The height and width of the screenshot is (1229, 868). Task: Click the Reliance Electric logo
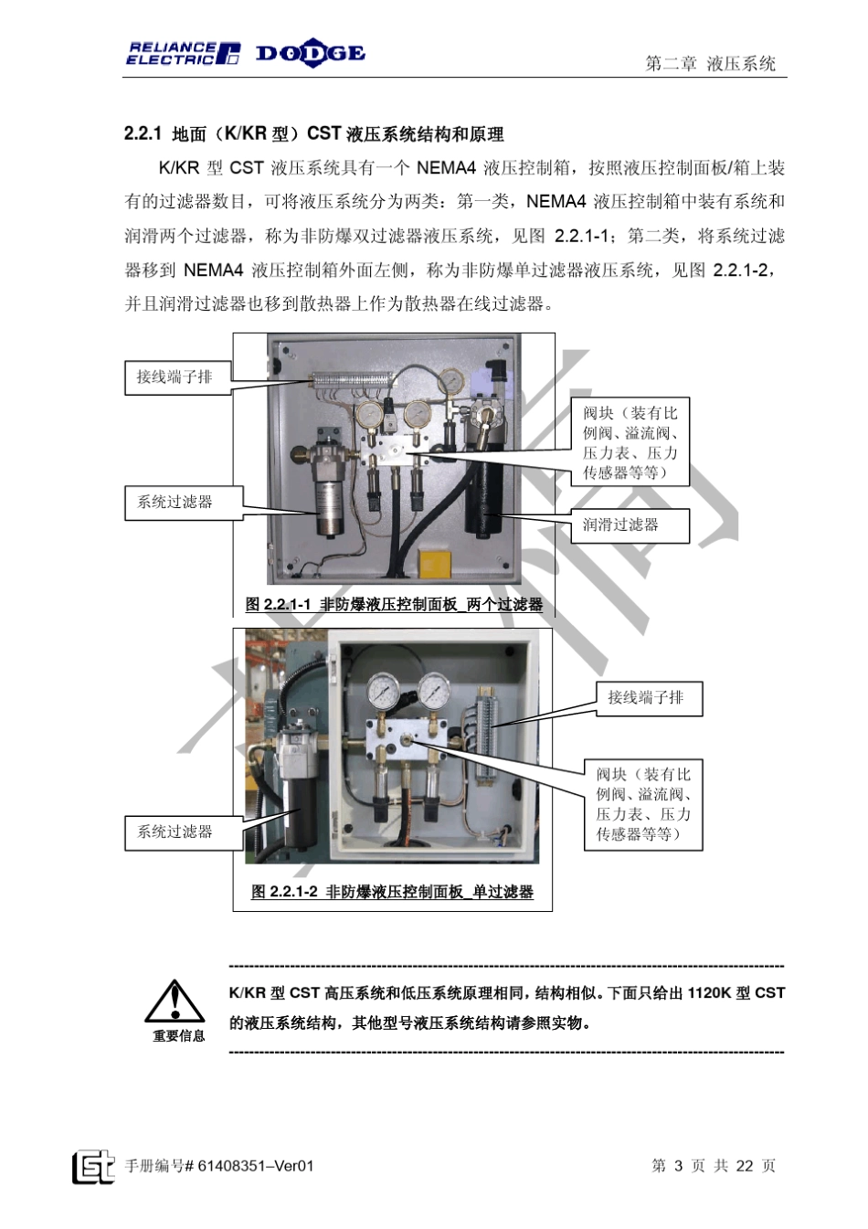[x=183, y=54]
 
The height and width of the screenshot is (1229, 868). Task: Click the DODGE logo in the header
[x=310, y=53]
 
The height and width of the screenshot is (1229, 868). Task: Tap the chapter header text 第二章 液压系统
[x=710, y=63]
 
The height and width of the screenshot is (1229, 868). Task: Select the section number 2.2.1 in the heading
[x=143, y=134]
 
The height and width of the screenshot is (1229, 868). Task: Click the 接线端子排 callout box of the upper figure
[x=175, y=376]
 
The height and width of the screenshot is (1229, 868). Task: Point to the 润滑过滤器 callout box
[x=629, y=525]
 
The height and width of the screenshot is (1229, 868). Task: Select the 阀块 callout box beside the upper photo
[x=630, y=442]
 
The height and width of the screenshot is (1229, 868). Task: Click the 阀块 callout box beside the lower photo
[x=643, y=804]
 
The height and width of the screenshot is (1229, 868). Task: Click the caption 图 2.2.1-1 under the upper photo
[x=394, y=604]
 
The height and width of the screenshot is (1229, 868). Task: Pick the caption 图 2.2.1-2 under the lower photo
[x=393, y=892]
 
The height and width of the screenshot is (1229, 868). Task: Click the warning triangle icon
[x=175, y=1001]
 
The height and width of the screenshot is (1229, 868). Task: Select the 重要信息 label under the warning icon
[x=178, y=1036]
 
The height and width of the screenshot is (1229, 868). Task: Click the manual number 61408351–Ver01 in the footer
[x=256, y=1166]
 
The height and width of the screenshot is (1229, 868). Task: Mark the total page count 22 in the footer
[x=745, y=1166]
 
